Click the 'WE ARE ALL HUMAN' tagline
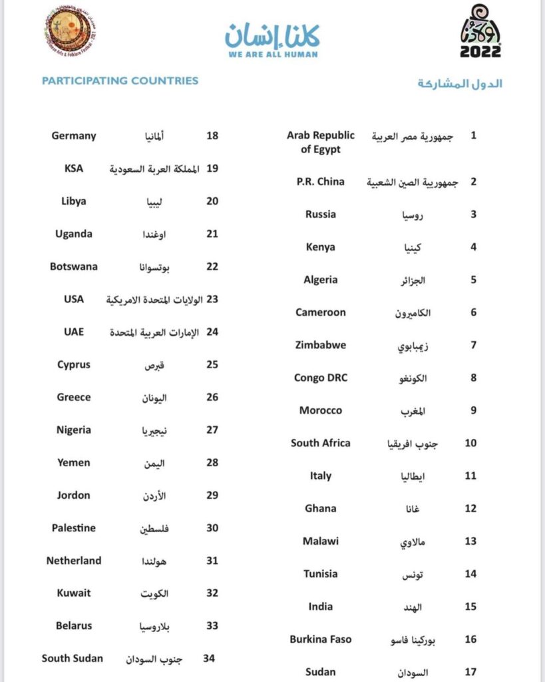pos(272,54)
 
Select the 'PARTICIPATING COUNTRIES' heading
pos(120,81)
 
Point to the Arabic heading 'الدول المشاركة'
pos(460,83)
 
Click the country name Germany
pos(74,136)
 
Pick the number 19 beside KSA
pos(212,169)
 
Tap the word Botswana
pos(74,266)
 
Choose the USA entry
pos(74,299)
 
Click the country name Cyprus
pos(74,364)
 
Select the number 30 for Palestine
pos(212,527)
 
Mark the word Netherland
pos(74,560)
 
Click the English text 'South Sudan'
pos(73,658)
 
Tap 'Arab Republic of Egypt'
pos(321,143)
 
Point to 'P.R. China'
pos(321,181)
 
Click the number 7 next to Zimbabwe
pos(473,345)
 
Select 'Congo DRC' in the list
pos(321,378)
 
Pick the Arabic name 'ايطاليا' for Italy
pos(407,477)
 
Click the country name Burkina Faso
pos(321,639)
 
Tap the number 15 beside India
pos(470,607)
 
